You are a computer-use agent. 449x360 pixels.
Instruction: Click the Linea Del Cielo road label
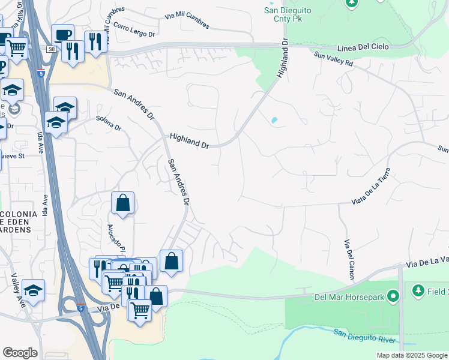coord(364,47)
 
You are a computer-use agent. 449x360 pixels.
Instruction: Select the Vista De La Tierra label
coord(376,185)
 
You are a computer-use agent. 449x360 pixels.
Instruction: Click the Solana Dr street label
coord(108,128)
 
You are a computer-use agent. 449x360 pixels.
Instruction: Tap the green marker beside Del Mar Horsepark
coord(394,296)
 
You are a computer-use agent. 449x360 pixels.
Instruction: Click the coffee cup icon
coord(62,34)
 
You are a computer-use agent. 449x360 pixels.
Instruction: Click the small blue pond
coord(274,120)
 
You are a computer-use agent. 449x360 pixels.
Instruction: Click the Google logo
coord(20,352)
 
